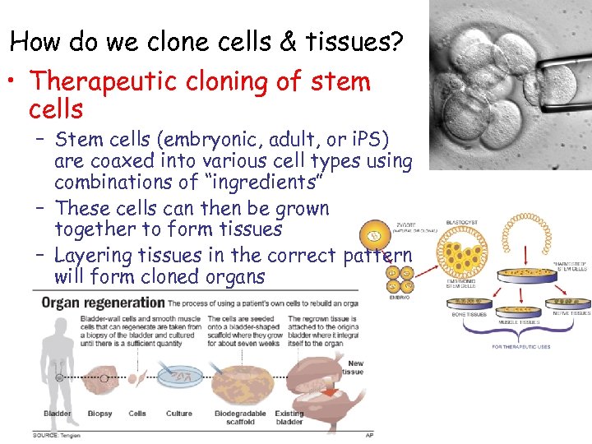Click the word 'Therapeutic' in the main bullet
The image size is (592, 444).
(x=114, y=82)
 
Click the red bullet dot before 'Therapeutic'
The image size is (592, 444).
(x=16, y=83)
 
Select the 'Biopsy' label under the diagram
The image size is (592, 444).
(x=101, y=414)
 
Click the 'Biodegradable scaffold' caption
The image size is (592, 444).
(x=239, y=418)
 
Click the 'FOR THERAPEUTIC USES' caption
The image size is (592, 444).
(x=521, y=346)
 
